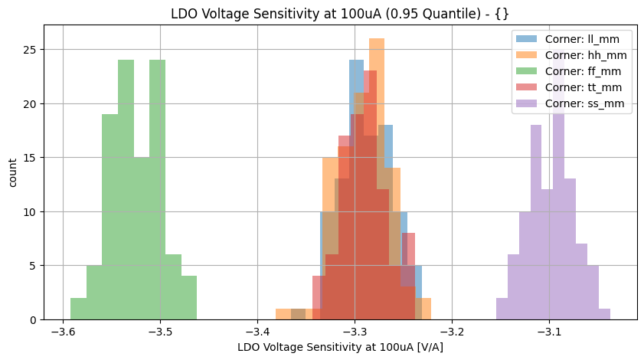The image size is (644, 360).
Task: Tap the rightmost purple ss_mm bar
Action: (604, 314)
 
